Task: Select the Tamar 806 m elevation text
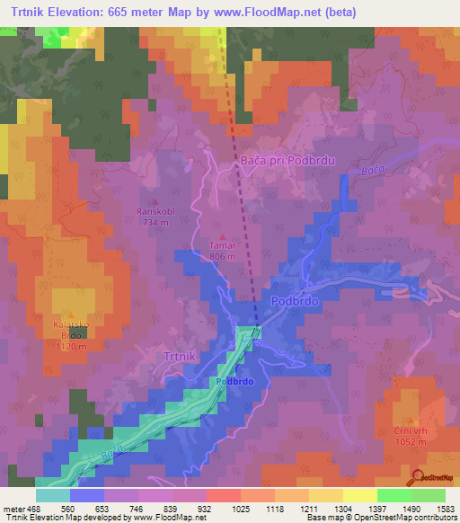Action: [x=222, y=256]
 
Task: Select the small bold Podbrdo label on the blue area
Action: [x=234, y=382]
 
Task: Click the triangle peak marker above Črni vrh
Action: [x=409, y=420]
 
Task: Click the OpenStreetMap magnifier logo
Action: [x=417, y=477]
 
